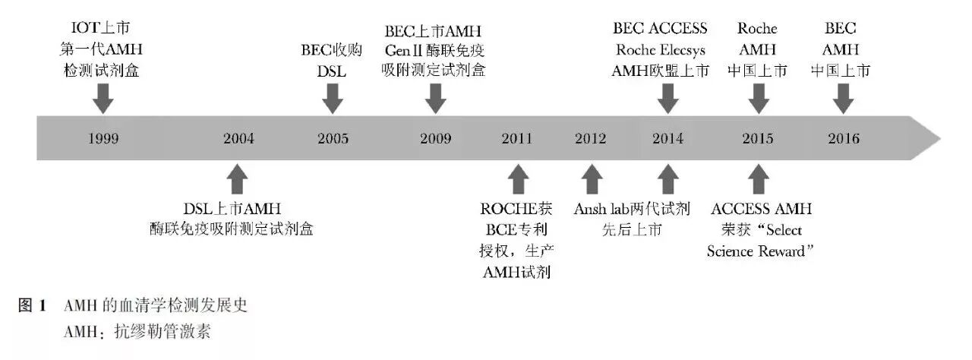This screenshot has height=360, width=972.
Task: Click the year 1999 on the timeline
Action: pos(103,138)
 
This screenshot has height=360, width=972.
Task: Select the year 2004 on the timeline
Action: pos(238,138)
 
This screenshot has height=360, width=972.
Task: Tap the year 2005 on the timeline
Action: pos(333,138)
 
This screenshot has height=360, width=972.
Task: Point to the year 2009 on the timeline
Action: pos(435,138)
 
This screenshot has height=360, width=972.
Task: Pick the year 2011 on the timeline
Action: pos(517,138)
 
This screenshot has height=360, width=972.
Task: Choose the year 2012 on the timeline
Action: pos(591,138)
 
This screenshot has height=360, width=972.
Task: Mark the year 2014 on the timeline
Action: pos(667,138)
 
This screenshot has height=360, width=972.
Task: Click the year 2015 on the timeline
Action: pos(757,138)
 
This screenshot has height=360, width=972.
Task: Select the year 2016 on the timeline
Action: pos(843,138)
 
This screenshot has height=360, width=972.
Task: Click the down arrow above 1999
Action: pos(103,97)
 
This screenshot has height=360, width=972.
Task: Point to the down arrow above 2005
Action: pos(333,97)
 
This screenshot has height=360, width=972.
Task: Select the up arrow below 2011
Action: pos(517,180)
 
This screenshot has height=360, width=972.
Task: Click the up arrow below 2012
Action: pos(591,180)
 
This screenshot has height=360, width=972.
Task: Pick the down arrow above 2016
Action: pos(843,97)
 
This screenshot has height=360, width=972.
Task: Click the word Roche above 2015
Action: pos(757,29)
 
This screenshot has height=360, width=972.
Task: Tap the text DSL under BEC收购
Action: pos(332,71)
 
